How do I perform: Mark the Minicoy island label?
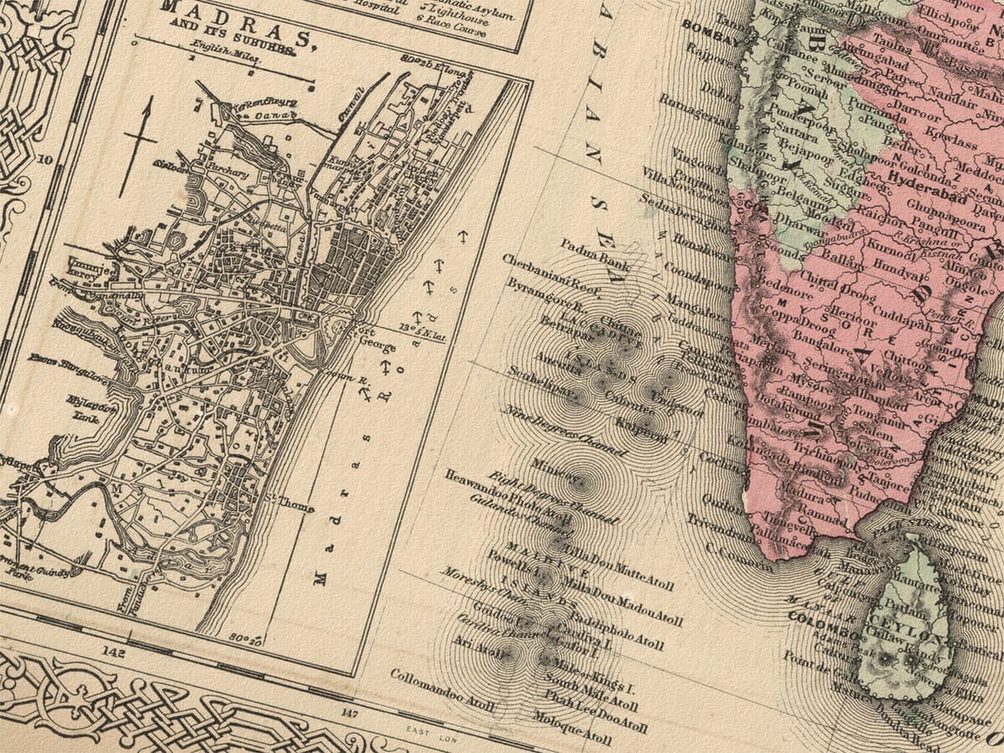pos(553,469)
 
